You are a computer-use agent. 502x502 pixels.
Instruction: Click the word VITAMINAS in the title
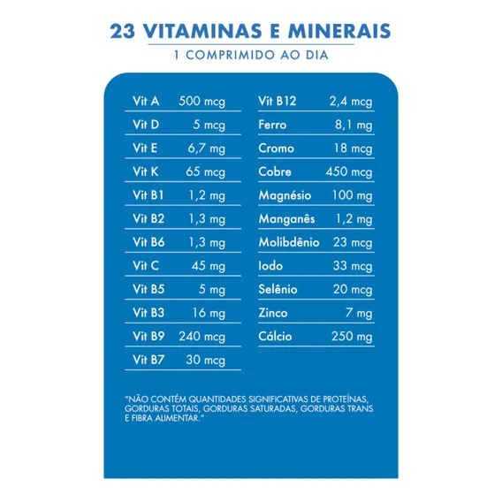(202, 31)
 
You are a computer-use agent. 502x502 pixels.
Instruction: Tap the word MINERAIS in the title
(339, 31)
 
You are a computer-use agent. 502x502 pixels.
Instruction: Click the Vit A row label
(146, 101)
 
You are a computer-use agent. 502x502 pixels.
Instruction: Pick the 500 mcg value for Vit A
(202, 102)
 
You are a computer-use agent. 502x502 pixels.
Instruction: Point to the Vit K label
(146, 171)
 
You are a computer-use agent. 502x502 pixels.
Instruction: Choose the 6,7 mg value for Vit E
(207, 148)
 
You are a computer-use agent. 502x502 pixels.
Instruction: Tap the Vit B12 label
(278, 101)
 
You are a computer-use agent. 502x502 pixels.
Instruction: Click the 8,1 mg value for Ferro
(354, 125)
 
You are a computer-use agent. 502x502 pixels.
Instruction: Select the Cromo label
(277, 148)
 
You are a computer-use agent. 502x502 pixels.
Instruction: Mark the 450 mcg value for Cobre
(349, 172)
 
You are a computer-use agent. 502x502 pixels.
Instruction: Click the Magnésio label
(285, 195)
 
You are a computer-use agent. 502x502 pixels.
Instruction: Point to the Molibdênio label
(289, 242)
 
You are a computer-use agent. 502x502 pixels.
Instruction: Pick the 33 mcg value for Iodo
(353, 266)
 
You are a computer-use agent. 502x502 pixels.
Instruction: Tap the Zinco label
(273, 313)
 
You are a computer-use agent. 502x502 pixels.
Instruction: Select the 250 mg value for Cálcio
(352, 337)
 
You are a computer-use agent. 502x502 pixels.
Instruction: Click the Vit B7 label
(148, 360)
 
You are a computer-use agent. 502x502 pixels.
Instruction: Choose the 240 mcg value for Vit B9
(202, 337)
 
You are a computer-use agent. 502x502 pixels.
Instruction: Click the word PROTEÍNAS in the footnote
(346, 399)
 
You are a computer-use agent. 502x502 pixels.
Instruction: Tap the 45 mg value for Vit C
(209, 266)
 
